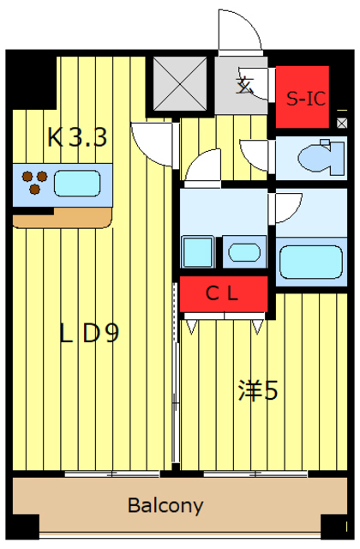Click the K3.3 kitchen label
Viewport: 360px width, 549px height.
[x=77, y=137]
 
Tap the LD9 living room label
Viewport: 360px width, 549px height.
[x=89, y=333]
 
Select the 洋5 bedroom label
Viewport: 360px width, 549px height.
[x=258, y=390]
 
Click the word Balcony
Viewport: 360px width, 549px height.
[x=165, y=505]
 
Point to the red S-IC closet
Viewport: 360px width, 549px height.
[x=303, y=97]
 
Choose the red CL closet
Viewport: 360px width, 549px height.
[x=224, y=293]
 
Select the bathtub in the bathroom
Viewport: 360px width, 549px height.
[x=310, y=262]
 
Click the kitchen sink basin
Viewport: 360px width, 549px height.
[x=77, y=183]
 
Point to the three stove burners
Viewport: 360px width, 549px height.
[x=34, y=182]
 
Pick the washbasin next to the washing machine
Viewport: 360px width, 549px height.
[x=244, y=252]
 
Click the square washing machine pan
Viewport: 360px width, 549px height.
[x=198, y=251]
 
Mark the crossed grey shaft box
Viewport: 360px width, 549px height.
[x=180, y=83]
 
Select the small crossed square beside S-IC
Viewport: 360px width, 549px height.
[x=342, y=123]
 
